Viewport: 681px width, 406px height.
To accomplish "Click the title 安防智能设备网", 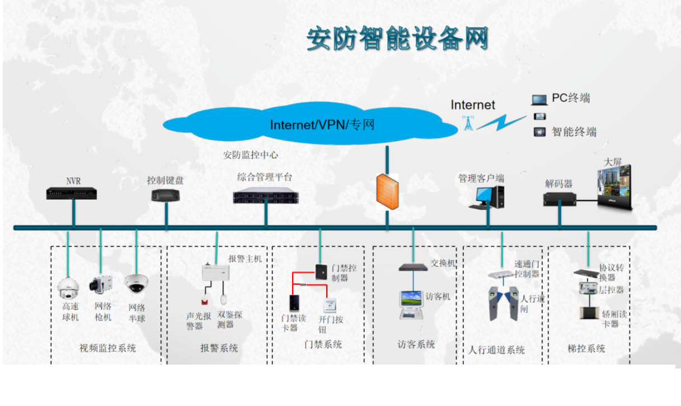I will (x=397, y=39).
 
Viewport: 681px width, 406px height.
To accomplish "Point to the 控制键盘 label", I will (x=165, y=181).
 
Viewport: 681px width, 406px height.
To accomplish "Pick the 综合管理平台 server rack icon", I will (x=265, y=196).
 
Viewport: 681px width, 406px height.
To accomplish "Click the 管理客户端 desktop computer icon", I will (x=487, y=197).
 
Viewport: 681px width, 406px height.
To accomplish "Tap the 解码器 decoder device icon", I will (x=560, y=199).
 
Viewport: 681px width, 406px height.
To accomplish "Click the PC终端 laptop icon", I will (x=539, y=100).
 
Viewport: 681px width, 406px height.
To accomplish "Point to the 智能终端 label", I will (x=574, y=132).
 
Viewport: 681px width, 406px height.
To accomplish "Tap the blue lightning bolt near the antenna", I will (x=501, y=122).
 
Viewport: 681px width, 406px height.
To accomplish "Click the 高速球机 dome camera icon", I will (x=68, y=287).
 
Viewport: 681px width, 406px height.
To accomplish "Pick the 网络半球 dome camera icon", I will (x=136, y=284).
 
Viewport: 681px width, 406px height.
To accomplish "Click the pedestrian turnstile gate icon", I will (x=502, y=302).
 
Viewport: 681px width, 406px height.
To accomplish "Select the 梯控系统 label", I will (x=586, y=348).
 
